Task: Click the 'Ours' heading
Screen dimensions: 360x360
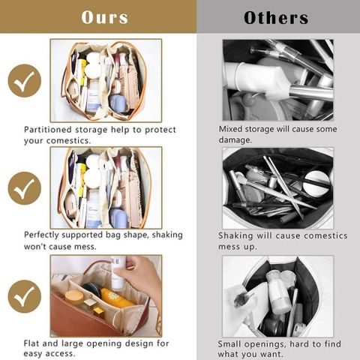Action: pos(105,17)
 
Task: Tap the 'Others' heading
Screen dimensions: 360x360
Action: pos(276,18)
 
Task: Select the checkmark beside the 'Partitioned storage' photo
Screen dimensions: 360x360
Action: pos(25,81)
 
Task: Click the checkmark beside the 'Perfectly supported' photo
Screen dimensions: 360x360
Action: pos(25,188)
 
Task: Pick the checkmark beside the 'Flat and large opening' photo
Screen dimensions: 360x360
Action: pos(25,296)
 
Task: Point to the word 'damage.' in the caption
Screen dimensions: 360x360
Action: pos(235,139)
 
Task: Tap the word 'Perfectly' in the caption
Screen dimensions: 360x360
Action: pos(42,235)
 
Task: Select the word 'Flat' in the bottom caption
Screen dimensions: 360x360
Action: pos(31,343)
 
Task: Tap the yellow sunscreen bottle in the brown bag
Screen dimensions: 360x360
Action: pos(115,298)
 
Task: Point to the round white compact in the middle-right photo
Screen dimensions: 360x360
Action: pos(317,183)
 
